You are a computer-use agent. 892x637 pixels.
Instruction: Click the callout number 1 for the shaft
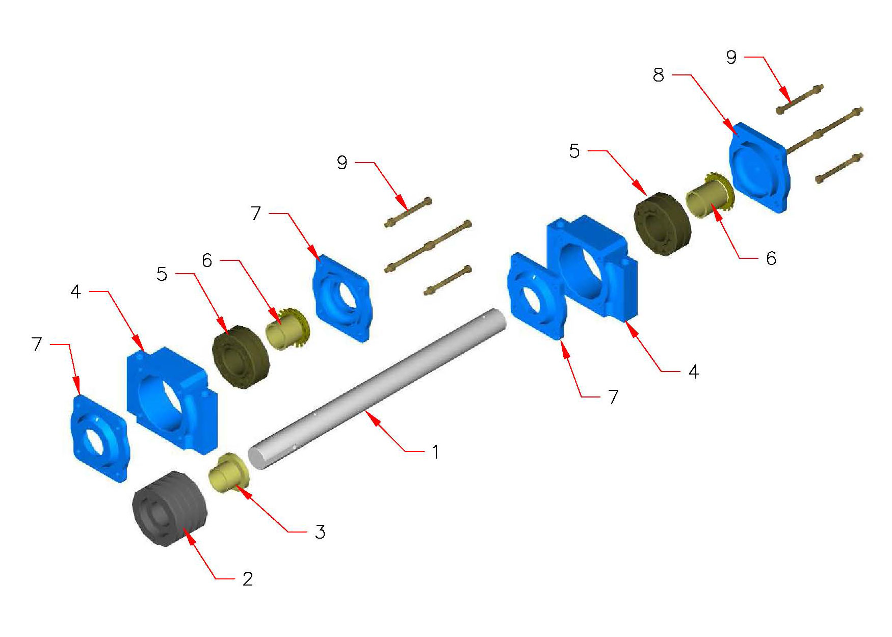[435, 452]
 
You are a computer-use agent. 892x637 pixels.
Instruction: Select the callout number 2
[248, 579]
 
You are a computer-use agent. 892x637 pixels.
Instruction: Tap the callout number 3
[320, 532]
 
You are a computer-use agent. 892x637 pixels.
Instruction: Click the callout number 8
[659, 75]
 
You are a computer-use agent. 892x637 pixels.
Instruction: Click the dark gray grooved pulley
[170, 509]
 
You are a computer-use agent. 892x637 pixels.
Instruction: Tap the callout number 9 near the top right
[731, 57]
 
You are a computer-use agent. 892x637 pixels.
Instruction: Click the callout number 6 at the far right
[771, 259]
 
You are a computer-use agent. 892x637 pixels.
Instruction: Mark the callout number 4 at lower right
[693, 371]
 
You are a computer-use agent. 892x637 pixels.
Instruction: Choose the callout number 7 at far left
[37, 344]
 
